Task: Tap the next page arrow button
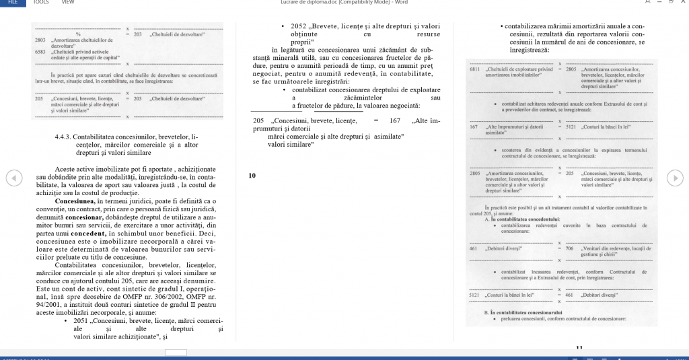point(675,177)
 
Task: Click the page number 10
point(252,176)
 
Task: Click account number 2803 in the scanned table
point(40,40)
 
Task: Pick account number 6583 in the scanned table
point(40,51)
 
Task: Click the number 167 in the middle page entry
point(395,120)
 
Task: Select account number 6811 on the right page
point(474,69)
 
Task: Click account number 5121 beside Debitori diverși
point(475,295)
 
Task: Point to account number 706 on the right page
point(569,248)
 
